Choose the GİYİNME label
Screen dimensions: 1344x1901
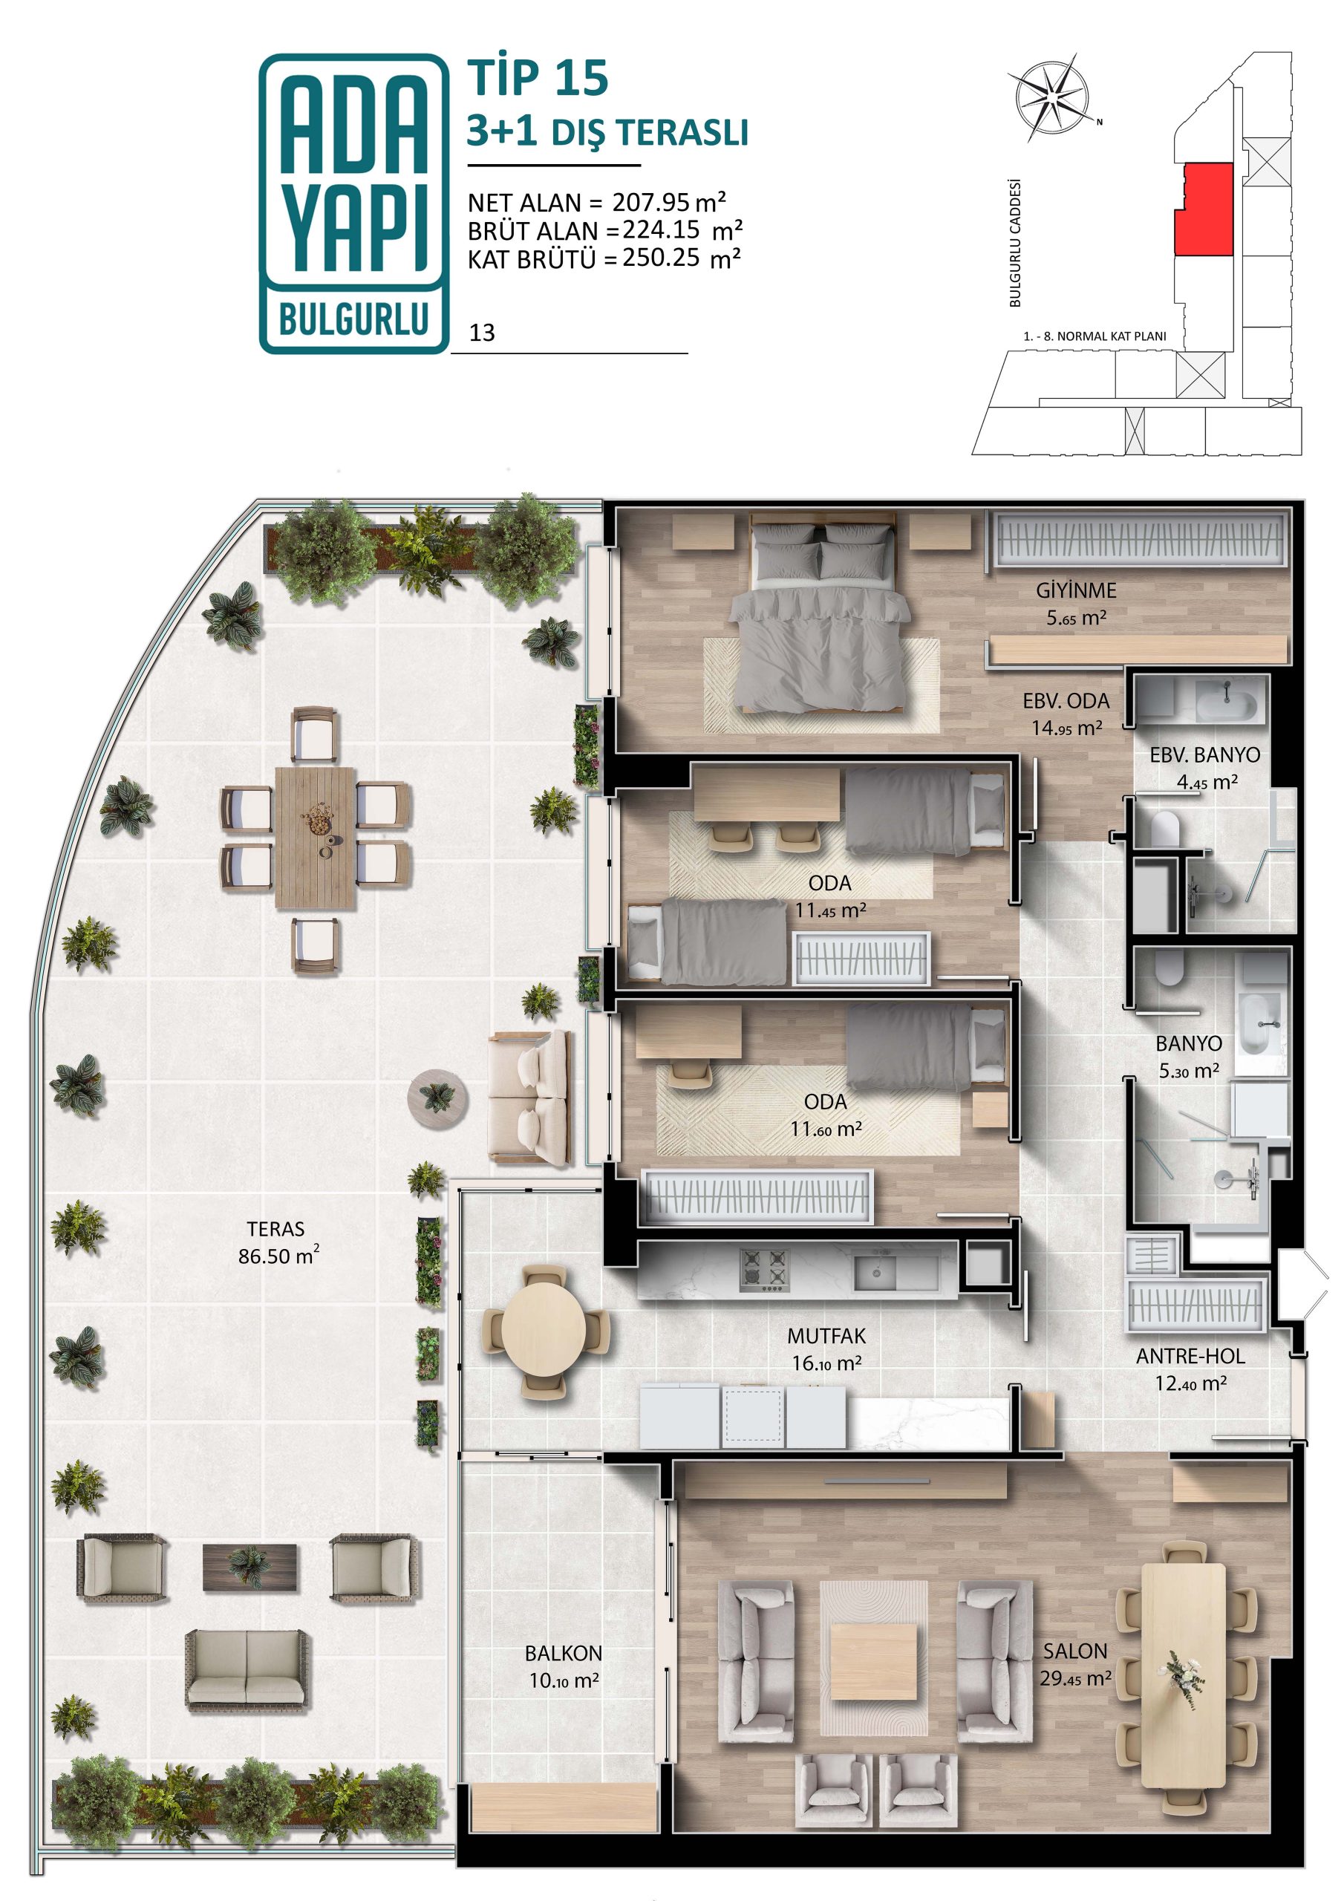[x=1076, y=590]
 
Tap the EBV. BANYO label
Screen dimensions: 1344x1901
[x=1205, y=755]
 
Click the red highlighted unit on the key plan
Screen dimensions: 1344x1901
[x=1205, y=209]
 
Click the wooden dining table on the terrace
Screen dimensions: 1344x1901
[x=315, y=838]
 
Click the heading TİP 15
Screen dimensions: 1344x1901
[x=538, y=79]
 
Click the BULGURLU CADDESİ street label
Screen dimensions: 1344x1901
[x=1015, y=244]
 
